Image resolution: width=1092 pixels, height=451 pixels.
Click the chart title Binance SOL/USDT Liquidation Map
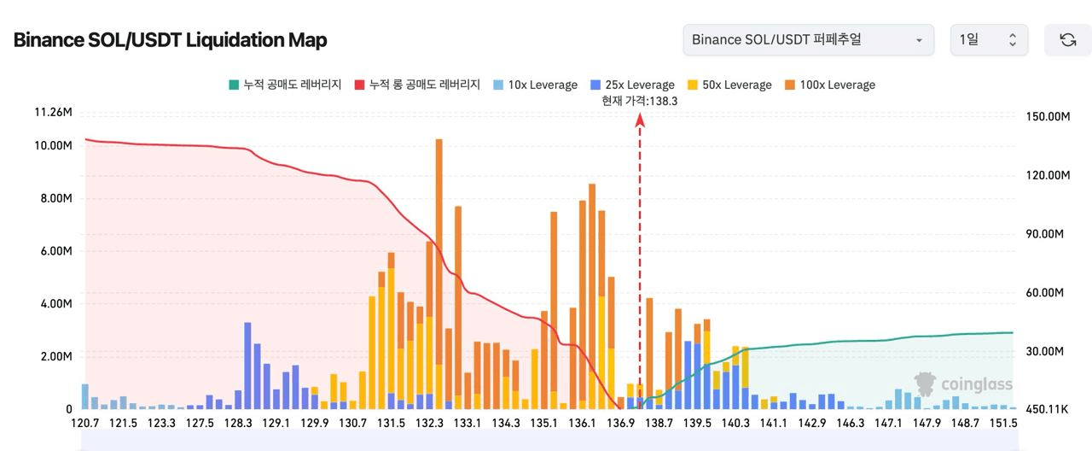(170, 40)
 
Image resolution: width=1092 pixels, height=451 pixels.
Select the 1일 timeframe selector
(989, 40)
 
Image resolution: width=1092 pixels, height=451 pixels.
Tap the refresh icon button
(1067, 40)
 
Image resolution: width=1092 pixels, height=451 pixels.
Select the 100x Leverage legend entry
(829, 85)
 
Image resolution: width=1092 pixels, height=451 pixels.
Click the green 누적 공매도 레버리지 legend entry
(285, 85)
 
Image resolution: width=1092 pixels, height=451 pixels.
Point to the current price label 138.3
(639, 101)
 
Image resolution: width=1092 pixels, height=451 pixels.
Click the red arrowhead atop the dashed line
(640, 120)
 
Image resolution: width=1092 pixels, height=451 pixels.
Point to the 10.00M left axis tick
(53, 146)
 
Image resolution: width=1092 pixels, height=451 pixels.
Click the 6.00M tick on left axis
(53, 251)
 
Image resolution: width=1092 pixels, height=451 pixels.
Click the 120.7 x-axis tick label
(85, 424)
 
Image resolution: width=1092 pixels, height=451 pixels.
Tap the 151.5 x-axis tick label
(1003, 424)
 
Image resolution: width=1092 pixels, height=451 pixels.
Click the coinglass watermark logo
(963, 384)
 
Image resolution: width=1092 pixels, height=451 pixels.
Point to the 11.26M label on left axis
(53, 112)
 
